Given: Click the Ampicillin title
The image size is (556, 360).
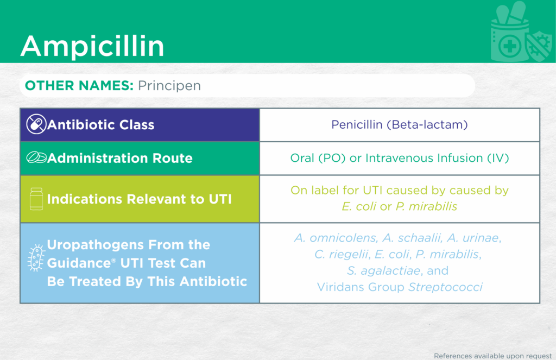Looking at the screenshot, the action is [92, 46].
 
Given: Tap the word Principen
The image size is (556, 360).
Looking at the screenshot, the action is [169, 86].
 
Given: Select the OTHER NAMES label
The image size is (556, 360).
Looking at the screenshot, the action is [79, 85].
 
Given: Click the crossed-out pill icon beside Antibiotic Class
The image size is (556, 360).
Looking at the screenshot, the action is [36, 124].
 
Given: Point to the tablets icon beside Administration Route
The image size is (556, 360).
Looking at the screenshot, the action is [36, 157].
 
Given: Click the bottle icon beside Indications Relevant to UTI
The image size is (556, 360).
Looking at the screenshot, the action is [36, 199].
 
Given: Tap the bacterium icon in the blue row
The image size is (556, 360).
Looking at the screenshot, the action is [36, 258].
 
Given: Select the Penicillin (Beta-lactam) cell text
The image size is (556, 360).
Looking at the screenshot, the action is [400, 125].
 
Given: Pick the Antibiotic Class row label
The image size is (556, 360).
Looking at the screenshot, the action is [100, 125].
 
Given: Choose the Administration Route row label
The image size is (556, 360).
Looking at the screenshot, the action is [120, 158].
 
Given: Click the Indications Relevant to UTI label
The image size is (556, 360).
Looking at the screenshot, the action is [140, 199].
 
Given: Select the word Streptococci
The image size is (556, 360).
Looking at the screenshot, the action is [445, 287].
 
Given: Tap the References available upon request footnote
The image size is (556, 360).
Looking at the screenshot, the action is [493, 356].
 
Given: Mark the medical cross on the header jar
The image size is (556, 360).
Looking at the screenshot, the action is [510, 46].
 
